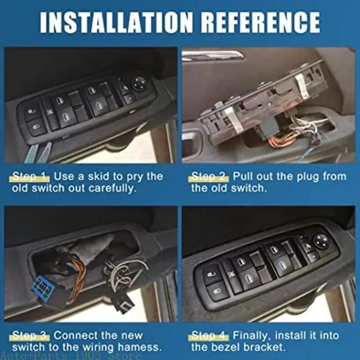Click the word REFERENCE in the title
[x=260, y=21]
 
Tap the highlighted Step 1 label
[x=31, y=176]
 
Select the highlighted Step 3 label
[x=31, y=335]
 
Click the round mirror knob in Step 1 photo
[x=138, y=82]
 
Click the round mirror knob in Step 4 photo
[x=320, y=240]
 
